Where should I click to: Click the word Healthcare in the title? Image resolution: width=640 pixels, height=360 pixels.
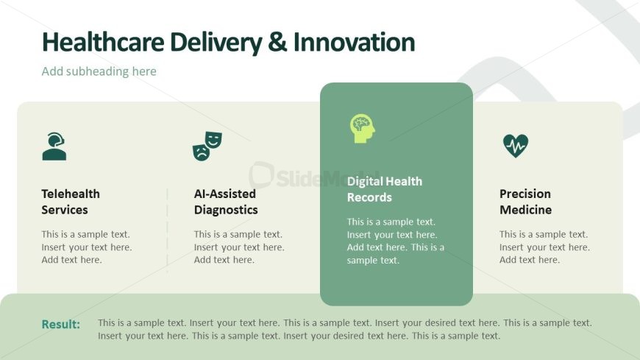103,42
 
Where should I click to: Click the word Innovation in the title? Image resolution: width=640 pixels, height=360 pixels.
354,42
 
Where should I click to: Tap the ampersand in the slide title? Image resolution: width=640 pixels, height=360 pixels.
277,42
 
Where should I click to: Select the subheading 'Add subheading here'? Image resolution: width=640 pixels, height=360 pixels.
99,71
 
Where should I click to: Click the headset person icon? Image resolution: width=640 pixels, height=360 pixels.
54,147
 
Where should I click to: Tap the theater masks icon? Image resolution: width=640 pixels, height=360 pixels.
207,146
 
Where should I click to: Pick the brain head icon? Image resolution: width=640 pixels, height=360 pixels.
362,128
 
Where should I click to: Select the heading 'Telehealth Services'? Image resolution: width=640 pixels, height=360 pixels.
71,202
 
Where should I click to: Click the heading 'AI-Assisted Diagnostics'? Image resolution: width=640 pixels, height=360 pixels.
226,202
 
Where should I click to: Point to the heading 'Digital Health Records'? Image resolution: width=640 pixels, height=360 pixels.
385,189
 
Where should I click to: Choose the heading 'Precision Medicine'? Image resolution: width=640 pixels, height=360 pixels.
525,202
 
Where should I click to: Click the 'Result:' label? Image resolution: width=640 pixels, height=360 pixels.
61,324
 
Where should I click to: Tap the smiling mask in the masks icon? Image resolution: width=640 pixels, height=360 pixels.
213,140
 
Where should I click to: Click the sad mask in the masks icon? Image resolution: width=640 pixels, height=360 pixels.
201,152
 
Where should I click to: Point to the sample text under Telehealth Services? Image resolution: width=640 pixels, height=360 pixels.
87,247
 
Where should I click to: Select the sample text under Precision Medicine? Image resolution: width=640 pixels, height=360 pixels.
544,247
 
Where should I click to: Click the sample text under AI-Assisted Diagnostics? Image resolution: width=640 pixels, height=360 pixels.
239,247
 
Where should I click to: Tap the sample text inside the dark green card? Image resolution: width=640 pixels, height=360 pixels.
396,241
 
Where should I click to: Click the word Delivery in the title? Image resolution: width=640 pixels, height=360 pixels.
216,43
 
